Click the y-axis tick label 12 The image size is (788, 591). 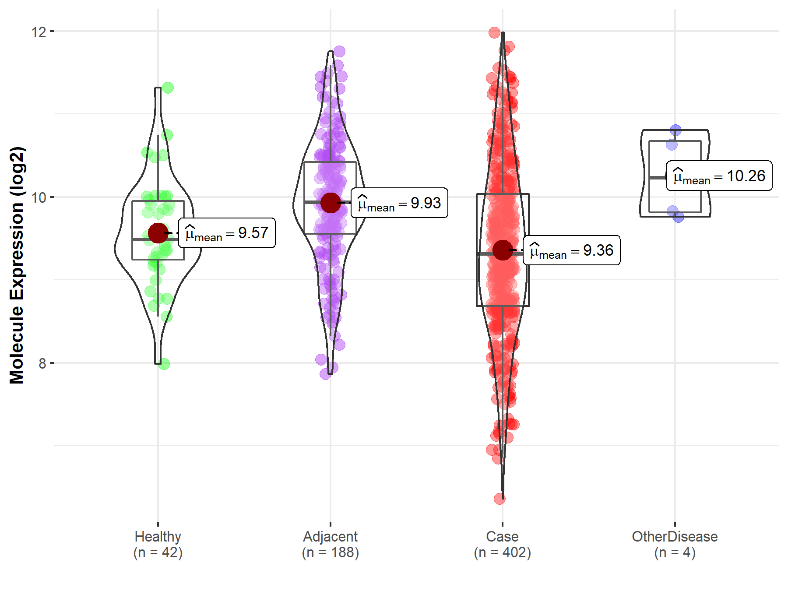pyautogui.click(x=39, y=32)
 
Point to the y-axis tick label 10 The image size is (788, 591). pyautogui.click(x=39, y=197)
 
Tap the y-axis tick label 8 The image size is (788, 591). pyautogui.click(x=42, y=363)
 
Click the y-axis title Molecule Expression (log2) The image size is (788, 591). pyautogui.click(x=17, y=265)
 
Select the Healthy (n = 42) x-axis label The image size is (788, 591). pyautogui.click(x=158, y=544)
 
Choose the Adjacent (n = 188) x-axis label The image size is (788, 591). pyautogui.click(x=330, y=544)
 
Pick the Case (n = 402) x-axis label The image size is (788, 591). pyautogui.click(x=502, y=544)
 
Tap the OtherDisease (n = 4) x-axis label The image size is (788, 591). pyautogui.click(x=675, y=544)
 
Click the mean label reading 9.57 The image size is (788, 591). pyautogui.click(x=227, y=233)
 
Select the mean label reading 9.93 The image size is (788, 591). pyautogui.click(x=399, y=203)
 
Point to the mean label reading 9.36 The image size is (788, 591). pyautogui.click(x=571, y=250)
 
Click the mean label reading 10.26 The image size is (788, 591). pyautogui.click(x=719, y=176)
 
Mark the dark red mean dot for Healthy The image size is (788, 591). pyautogui.click(x=158, y=233)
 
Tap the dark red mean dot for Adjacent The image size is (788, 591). pyautogui.click(x=331, y=203)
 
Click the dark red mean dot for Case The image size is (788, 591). pyautogui.click(x=503, y=250)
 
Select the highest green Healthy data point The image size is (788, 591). pyautogui.click(x=168, y=88)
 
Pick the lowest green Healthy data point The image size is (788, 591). pyautogui.click(x=164, y=364)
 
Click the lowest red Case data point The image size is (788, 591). pyautogui.click(x=500, y=498)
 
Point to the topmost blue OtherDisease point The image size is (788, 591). pyautogui.click(x=675, y=130)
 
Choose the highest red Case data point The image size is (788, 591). pyautogui.click(x=494, y=32)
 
